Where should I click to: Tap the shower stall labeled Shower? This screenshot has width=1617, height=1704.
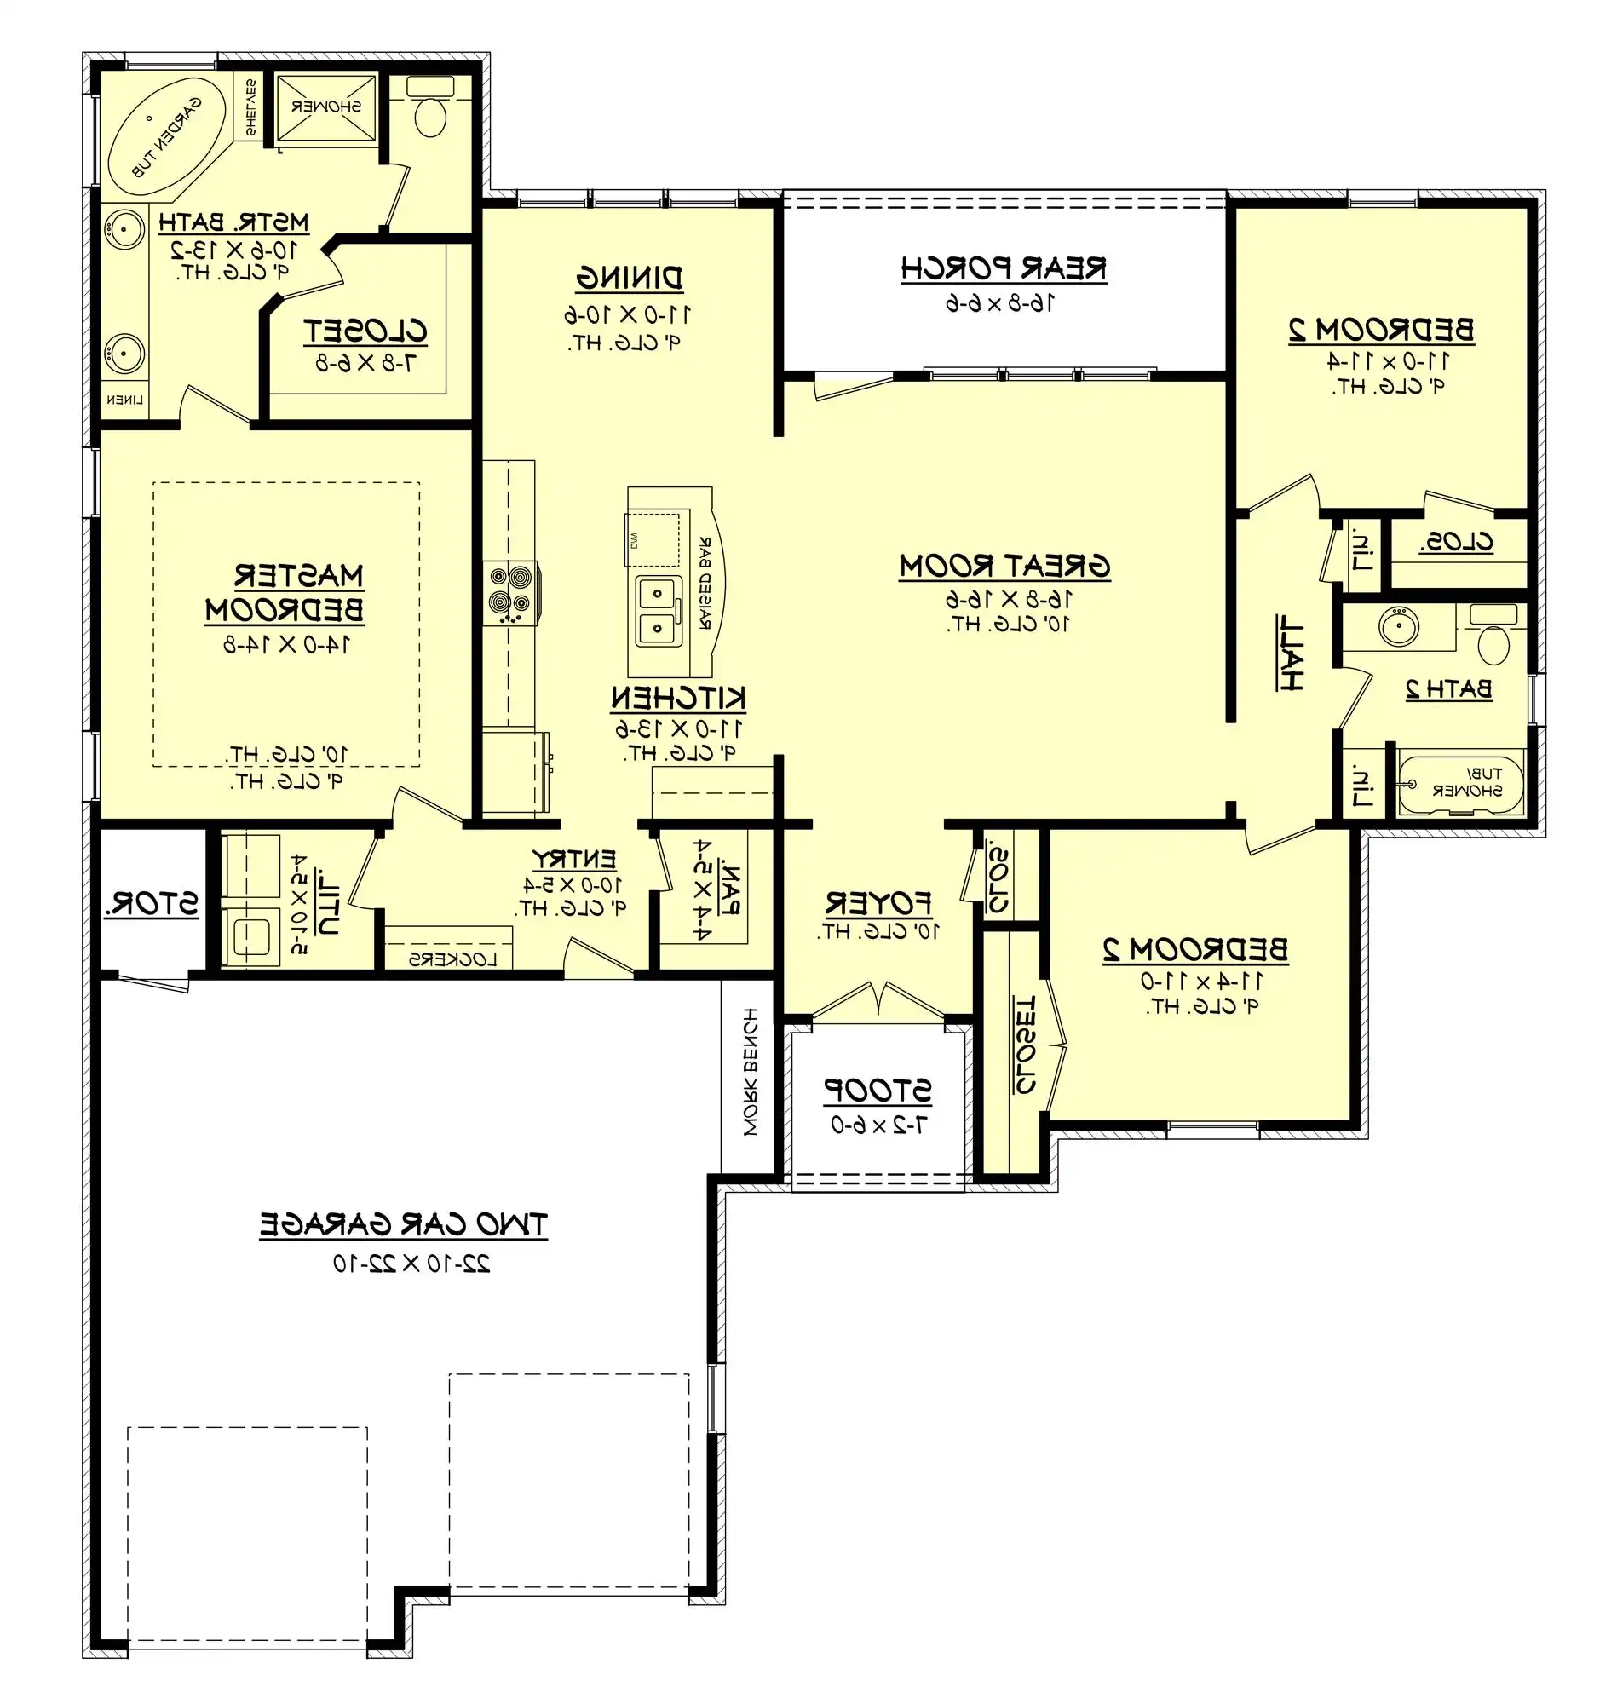325,106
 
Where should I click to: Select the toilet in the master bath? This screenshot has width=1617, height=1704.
429,108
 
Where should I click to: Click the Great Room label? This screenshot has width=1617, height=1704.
1004,567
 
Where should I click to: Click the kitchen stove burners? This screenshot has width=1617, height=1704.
509,593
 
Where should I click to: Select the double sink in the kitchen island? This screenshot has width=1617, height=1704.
659,610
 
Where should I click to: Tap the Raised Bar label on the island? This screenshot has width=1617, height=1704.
706,583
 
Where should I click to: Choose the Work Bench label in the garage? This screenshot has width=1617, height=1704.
751,1071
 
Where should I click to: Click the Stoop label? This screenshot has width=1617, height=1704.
878,1091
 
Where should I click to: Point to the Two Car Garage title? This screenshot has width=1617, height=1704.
403,1225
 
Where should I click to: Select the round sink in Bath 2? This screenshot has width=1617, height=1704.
1398,625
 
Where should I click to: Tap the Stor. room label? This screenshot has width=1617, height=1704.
152,904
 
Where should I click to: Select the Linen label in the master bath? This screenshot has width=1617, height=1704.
124,399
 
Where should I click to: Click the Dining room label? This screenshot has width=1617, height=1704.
630,279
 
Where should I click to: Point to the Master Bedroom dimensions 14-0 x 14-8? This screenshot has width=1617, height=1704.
287,645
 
